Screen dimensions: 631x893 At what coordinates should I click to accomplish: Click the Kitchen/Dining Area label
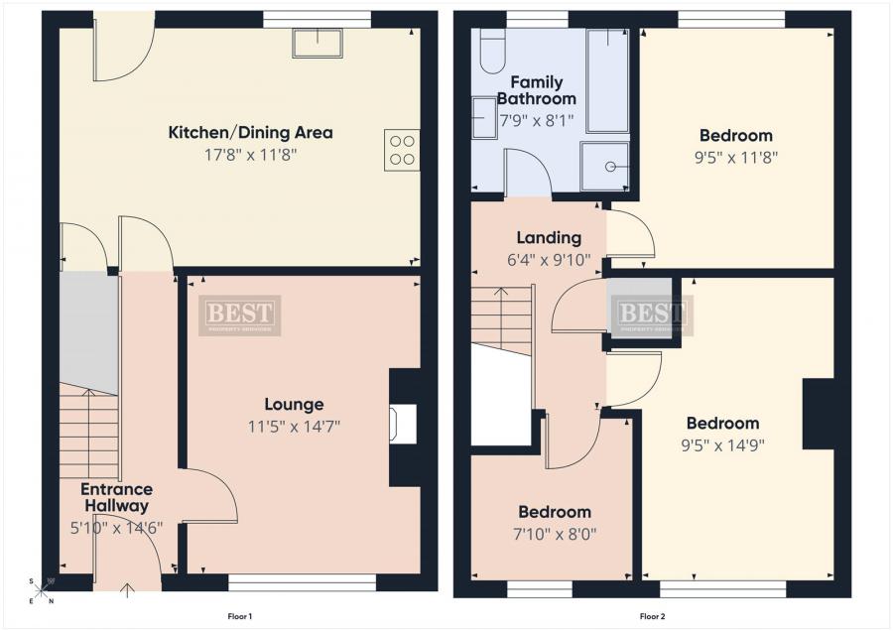(250, 132)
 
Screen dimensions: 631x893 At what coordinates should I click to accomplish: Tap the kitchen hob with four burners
(402, 150)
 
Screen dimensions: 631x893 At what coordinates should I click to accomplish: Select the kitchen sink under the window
(318, 43)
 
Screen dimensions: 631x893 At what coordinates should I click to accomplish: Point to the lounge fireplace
(401, 425)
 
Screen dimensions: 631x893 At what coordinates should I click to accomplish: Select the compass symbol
(40, 591)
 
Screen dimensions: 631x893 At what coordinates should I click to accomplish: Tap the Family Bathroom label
(536, 90)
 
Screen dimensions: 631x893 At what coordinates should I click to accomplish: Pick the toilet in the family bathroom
(493, 52)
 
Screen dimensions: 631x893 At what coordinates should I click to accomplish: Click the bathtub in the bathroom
(606, 80)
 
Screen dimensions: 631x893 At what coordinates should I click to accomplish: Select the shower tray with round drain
(606, 165)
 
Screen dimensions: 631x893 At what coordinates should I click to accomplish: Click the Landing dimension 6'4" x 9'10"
(549, 260)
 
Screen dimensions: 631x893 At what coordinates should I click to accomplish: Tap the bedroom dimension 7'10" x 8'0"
(555, 533)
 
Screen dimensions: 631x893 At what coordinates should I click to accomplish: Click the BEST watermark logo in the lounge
(239, 315)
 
